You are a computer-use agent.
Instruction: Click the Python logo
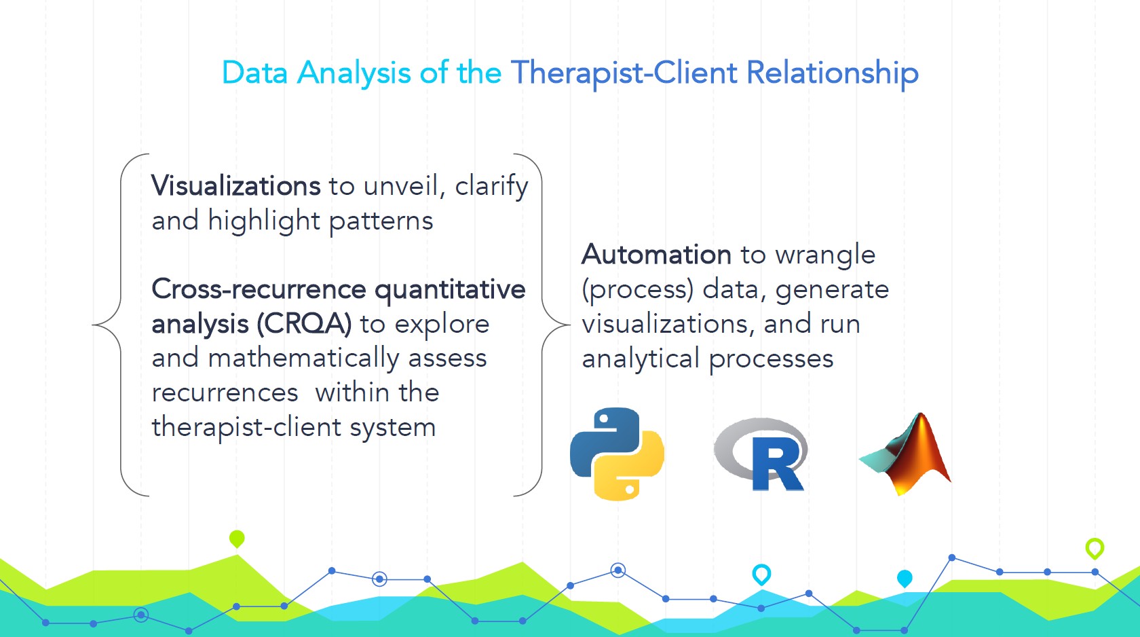click(617, 454)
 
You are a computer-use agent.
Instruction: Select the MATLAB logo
click(907, 454)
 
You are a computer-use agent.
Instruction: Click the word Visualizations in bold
click(235, 186)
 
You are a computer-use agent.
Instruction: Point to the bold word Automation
click(656, 255)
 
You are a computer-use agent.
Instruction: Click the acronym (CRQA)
click(304, 324)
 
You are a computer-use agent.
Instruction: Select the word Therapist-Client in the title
click(624, 73)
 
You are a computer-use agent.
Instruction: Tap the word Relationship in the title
click(832, 73)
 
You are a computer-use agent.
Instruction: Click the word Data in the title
click(254, 73)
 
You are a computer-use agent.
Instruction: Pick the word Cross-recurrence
click(259, 289)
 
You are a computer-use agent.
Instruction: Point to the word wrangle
click(825, 255)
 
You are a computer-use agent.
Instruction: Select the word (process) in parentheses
click(637, 290)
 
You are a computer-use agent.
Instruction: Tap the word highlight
click(264, 221)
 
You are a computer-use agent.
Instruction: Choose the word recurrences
click(225, 393)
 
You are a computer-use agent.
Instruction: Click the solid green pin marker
click(237, 539)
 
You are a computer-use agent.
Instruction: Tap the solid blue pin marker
click(905, 578)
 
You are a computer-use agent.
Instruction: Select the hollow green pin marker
click(1095, 547)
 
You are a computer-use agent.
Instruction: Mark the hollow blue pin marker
click(761, 575)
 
